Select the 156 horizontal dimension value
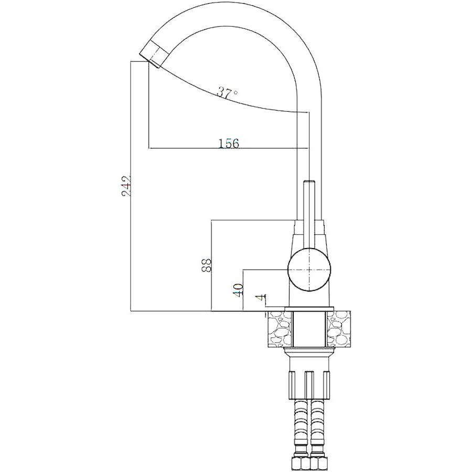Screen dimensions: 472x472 [x=228, y=143]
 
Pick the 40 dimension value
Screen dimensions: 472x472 [x=238, y=289]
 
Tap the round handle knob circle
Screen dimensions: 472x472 [x=309, y=270]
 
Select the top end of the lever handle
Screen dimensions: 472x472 [x=309, y=181]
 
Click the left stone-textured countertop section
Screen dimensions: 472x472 [x=279, y=328]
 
